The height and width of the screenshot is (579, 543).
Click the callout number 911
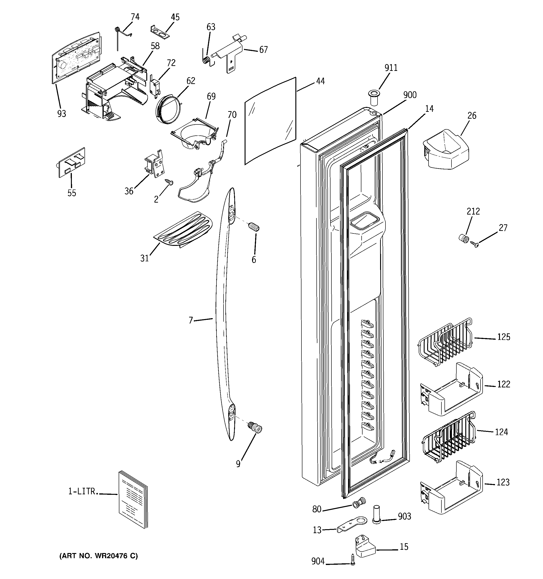click(391, 68)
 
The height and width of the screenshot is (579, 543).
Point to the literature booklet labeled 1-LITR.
click(133, 499)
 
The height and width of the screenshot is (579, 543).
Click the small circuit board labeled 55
click(71, 163)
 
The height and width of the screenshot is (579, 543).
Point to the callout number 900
click(410, 95)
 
